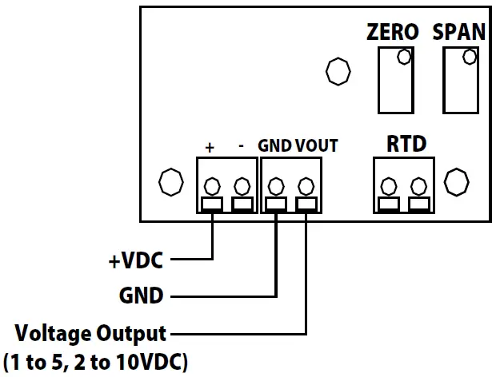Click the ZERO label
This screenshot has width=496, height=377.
[x=392, y=32]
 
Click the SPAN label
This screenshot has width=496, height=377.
[x=458, y=32]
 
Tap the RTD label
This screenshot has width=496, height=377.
[x=406, y=145]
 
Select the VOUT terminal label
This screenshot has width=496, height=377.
[x=317, y=146]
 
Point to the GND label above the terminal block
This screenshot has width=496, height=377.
[x=274, y=146]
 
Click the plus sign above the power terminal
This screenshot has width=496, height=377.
[x=210, y=147]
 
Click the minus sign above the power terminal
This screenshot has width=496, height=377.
[x=241, y=147]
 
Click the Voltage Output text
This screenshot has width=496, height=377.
[x=91, y=332]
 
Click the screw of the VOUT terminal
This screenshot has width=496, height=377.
[x=305, y=186]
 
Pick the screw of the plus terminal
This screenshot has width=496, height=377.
[x=212, y=187]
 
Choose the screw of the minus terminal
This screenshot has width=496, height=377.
[x=241, y=187]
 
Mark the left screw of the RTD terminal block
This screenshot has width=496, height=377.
[x=389, y=187]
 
